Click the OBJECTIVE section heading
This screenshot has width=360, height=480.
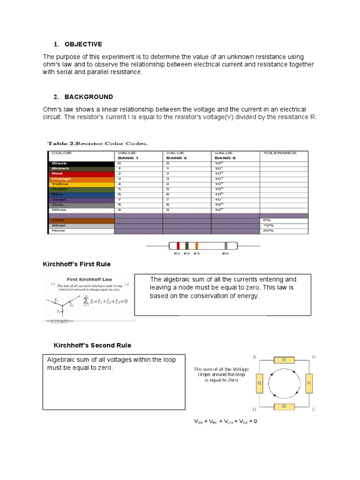pos(83,44)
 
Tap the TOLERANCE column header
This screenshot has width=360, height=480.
pos(280,153)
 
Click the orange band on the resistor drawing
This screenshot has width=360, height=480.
pos(196,246)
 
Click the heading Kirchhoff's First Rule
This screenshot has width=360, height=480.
pos(76,264)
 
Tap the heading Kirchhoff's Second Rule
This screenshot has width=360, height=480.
pos(92,345)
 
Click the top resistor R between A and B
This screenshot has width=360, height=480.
pos(284,360)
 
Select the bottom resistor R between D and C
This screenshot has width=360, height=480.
pos(284,406)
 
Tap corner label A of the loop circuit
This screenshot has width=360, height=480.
pos(255,357)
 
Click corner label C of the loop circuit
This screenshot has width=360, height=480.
pos(314,409)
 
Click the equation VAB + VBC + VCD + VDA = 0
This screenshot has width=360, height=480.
pos(225,421)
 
